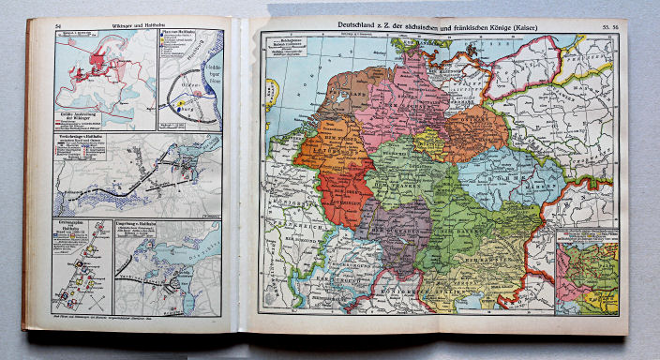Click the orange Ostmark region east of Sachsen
[473, 131]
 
